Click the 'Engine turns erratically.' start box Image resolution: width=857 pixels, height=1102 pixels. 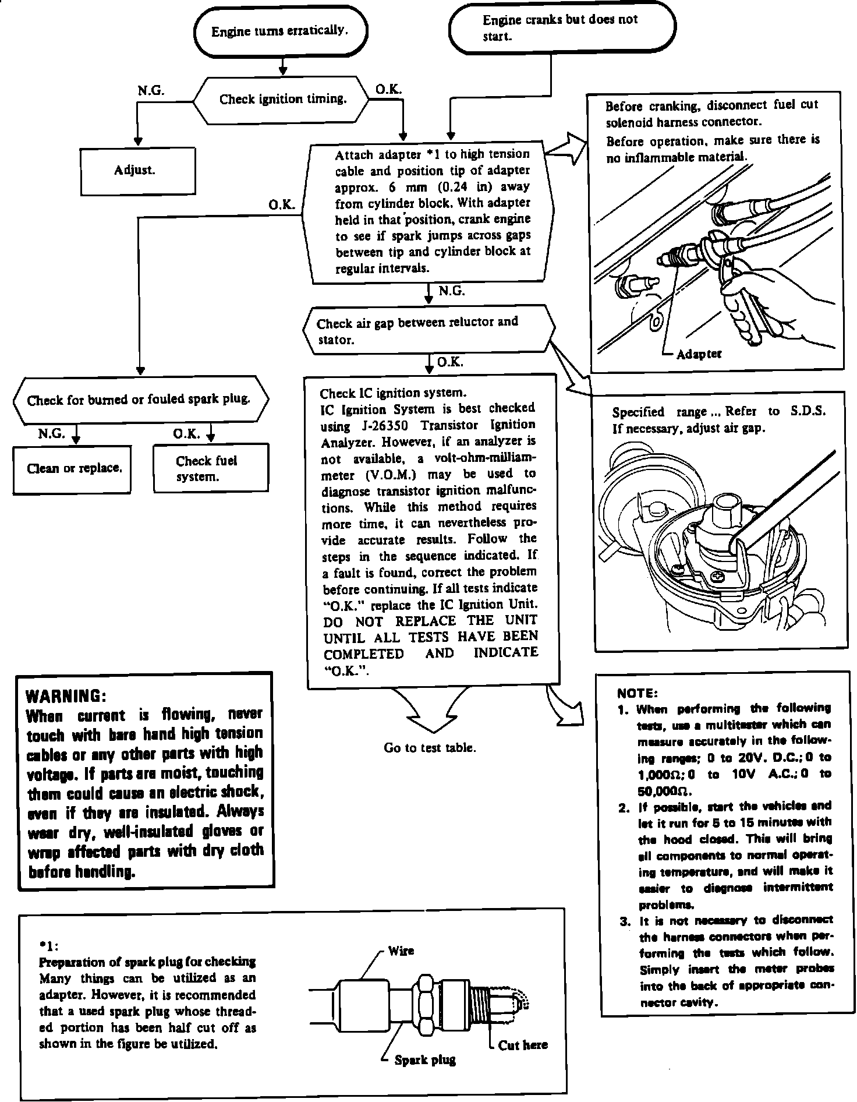(x=280, y=31)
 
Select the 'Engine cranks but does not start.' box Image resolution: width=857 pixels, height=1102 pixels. (x=561, y=27)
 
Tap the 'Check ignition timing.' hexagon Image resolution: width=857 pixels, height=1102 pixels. (x=282, y=100)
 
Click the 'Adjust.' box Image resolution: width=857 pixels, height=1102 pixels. (x=138, y=171)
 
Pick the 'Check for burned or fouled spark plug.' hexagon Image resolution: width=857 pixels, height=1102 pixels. (x=140, y=400)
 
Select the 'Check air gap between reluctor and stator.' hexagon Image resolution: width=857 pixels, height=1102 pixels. (x=427, y=330)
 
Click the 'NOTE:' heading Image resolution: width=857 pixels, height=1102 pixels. (x=637, y=693)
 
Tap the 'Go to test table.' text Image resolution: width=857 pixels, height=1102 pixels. (x=430, y=748)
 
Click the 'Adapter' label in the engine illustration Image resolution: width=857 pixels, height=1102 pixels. (x=699, y=354)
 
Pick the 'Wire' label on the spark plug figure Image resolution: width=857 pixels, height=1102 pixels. (x=401, y=951)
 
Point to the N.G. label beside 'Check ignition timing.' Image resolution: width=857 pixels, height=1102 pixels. (x=151, y=91)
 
